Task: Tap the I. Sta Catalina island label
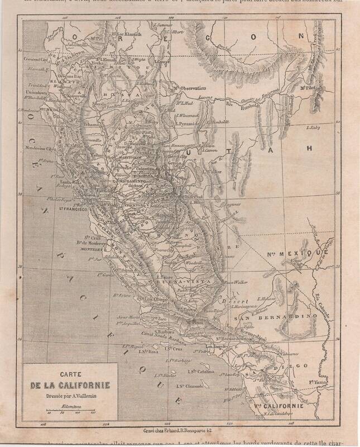[x=203, y=371]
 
